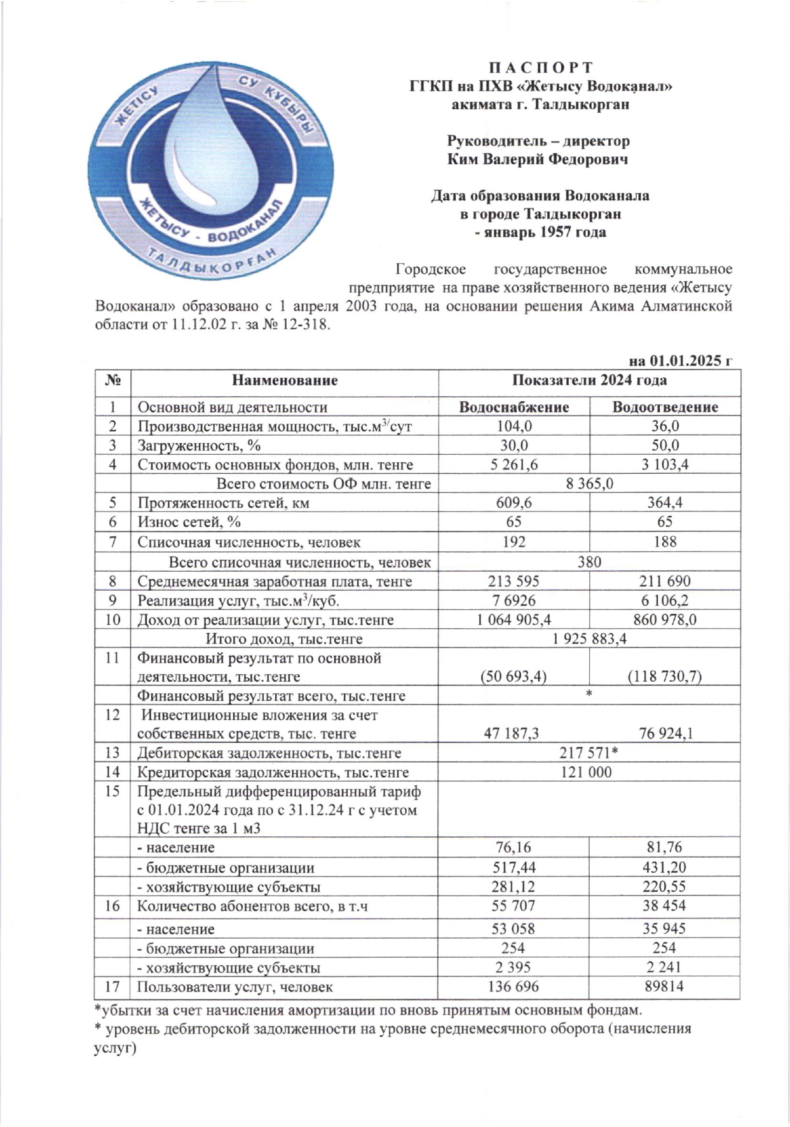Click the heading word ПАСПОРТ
540,68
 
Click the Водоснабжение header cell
514,407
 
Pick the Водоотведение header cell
665,407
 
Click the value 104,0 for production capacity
514,426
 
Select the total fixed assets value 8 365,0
589,484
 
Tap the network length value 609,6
514,503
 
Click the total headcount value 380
589,562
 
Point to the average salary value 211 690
665,581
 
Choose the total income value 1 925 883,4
589,639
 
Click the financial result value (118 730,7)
665,677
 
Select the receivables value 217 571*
589,754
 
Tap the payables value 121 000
589,773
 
